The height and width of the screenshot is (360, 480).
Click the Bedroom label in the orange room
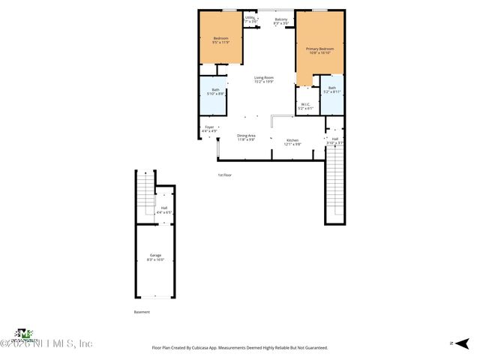tap(220, 40)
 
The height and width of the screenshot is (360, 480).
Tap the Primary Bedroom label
tap(319, 50)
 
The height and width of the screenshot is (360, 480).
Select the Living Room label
tap(263, 79)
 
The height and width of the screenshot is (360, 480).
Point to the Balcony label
tap(280, 21)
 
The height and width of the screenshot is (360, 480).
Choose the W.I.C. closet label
tap(304, 106)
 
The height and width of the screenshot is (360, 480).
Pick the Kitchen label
tap(292, 142)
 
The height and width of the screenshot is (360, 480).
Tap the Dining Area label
tap(247, 137)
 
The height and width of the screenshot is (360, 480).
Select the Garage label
tap(155, 257)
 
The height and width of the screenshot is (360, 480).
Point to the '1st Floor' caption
tap(225, 175)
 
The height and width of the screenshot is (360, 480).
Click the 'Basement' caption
tap(142, 312)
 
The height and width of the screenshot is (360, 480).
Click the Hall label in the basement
tap(164, 210)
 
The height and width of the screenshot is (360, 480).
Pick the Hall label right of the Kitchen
tap(335, 140)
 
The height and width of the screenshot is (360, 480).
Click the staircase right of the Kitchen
tap(334, 184)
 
